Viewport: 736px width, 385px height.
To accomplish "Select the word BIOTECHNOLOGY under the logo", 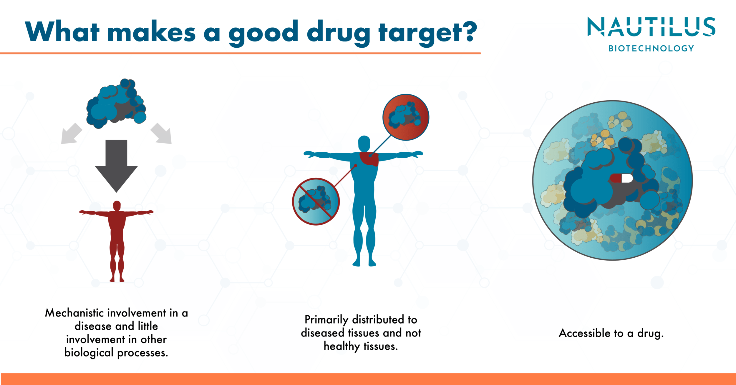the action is pos(651,48).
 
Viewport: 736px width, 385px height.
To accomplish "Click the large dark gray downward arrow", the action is pos(116,166).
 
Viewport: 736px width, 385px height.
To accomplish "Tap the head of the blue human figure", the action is pos(364,143).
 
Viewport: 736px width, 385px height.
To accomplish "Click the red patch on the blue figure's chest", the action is pos(369,159).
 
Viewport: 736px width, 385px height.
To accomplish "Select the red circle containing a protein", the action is pos(406,117).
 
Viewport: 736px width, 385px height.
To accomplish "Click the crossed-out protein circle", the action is pos(316,201).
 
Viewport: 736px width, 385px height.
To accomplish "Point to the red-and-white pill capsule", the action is pos(621,178).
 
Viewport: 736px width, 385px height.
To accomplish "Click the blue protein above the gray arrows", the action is pos(116,104).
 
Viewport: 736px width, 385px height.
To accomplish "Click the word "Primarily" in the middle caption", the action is pos(326,320).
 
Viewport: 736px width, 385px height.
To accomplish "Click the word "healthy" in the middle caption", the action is pos(342,346).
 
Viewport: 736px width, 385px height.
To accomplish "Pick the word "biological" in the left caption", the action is pos(89,353).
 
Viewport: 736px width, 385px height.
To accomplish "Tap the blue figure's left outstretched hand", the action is pos(309,154).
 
